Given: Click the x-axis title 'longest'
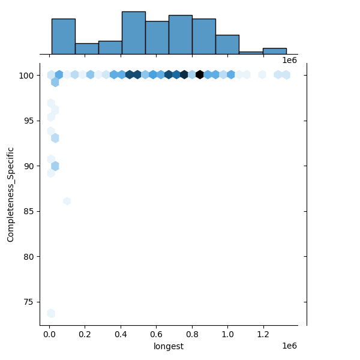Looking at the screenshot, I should tap(169, 346).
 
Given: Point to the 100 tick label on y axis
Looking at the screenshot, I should tap(27, 76).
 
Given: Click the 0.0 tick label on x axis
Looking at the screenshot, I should tap(50, 334).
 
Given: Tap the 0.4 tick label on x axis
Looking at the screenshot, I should tap(121, 334).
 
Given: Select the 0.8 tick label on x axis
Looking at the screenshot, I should tap(193, 334).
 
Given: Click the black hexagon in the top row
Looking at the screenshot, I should tap(200, 75).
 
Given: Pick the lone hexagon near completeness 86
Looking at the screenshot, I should tap(67, 201).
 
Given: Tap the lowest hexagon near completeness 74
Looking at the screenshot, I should tap(51, 313).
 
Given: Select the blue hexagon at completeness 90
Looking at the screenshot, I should tap(55, 166).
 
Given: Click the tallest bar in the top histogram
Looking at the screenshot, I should tap(133, 34).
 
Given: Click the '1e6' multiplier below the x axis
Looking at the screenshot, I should tap(289, 346).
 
